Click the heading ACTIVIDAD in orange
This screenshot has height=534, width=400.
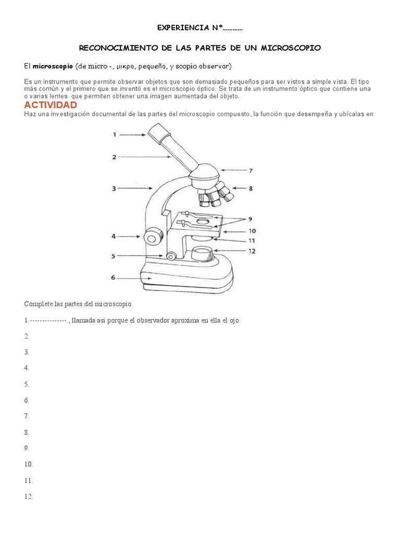51,105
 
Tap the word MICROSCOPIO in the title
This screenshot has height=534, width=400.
293,47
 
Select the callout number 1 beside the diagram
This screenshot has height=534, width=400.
115,135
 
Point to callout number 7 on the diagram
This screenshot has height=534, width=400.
251,171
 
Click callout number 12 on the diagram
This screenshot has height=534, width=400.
252,251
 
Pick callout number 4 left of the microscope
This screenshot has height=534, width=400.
114,236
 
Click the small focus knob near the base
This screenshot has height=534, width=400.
170,256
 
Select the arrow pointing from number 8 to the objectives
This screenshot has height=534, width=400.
240,188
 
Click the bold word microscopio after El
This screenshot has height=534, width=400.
53,66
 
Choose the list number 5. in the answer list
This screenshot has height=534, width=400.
27,384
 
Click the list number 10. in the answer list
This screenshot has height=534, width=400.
29,464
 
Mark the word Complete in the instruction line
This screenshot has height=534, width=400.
38,304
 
